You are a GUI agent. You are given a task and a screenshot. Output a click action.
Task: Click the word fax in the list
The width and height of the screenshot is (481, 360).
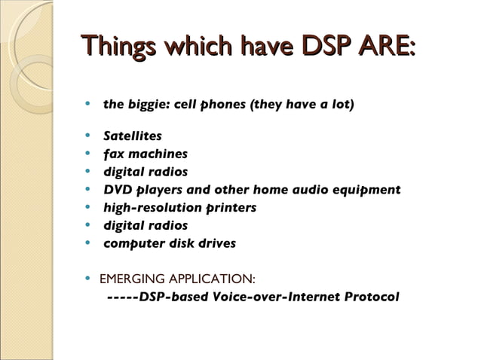(114, 154)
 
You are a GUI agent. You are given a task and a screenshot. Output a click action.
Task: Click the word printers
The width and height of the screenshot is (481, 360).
(231, 207)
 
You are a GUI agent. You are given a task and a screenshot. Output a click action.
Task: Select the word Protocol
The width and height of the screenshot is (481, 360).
(371, 297)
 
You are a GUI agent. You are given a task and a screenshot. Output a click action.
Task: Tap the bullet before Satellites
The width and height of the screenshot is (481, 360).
(88, 136)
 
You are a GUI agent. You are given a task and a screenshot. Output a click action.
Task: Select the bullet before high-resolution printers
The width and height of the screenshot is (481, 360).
(88, 207)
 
